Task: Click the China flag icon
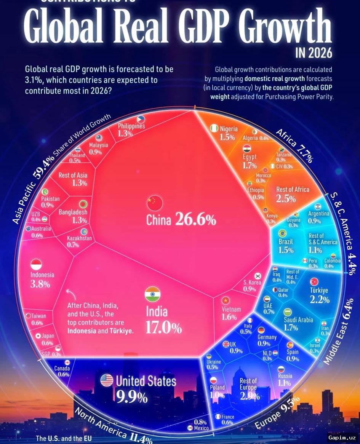(155, 202)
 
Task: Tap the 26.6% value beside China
(196, 220)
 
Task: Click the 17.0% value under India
(163, 328)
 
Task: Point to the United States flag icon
(107, 380)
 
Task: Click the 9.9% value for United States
(132, 397)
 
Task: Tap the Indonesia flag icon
(36, 264)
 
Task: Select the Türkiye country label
(319, 290)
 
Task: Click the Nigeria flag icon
(214, 128)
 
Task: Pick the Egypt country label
(250, 157)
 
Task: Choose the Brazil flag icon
(283, 233)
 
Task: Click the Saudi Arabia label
(298, 320)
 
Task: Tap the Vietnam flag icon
(226, 300)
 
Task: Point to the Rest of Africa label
(293, 189)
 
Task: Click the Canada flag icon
(68, 362)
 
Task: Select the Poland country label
(217, 388)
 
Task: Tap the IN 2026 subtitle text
(314, 53)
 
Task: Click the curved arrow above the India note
(70, 294)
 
